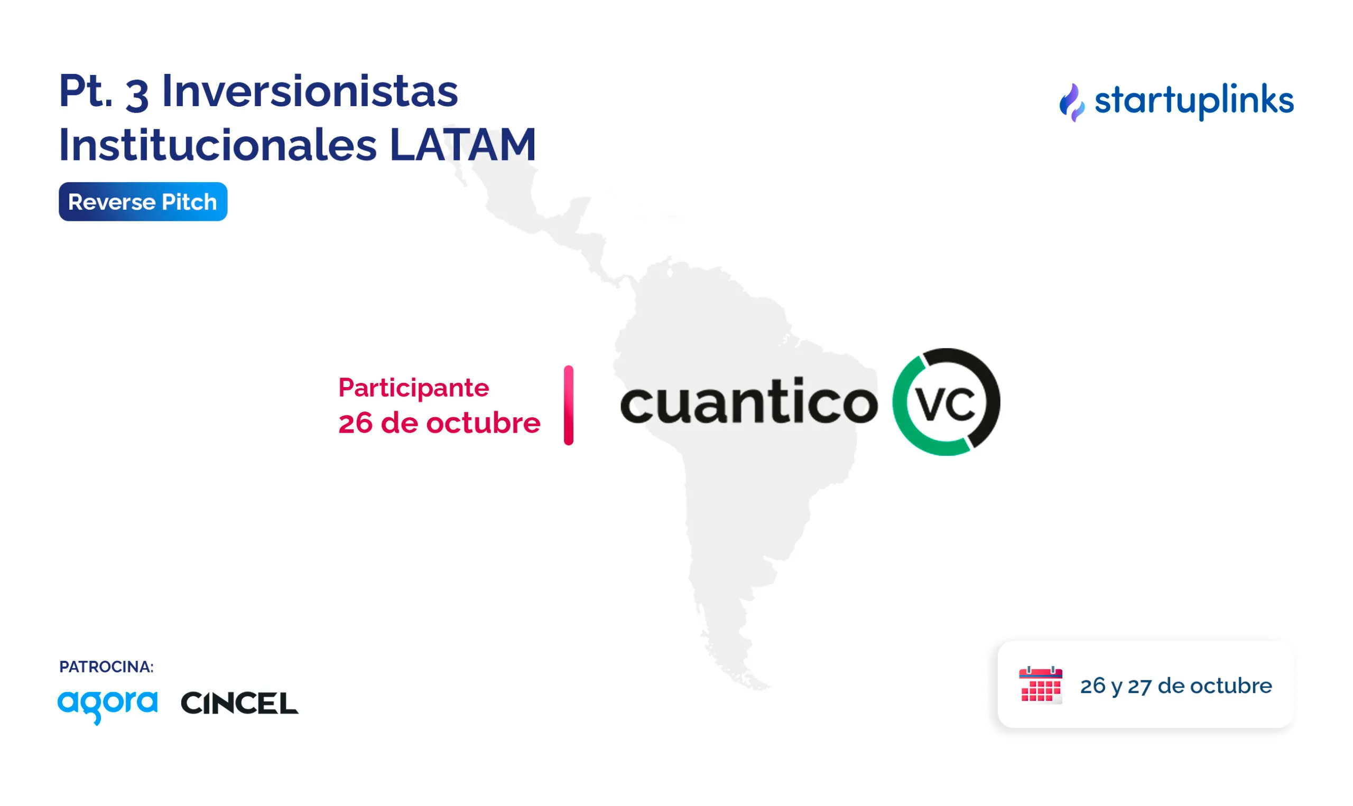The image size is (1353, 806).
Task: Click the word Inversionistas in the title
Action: (x=310, y=91)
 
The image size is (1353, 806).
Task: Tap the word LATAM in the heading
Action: (x=463, y=145)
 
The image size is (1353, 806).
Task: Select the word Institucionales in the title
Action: (x=217, y=145)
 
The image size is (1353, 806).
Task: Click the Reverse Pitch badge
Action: (x=143, y=202)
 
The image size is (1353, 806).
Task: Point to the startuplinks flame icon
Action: (x=1072, y=102)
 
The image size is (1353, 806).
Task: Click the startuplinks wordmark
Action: (x=1194, y=101)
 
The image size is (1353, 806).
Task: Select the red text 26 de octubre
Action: (x=439, y=423)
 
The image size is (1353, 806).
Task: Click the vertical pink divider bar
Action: (x=568, y=405)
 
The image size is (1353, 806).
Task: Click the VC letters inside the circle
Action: (x=946, y=404)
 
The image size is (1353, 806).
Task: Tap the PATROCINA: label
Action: (x=107, y=667)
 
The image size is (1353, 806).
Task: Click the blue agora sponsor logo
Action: (x=108, y=706)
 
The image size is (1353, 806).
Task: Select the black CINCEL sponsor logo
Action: (x=239, y=704)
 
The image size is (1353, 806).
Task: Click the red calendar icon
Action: (x=1041, y=685)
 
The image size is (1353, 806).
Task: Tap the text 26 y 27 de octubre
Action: (x=1176, y=686)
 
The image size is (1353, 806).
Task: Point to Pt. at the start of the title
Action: (x=86, y=91)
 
